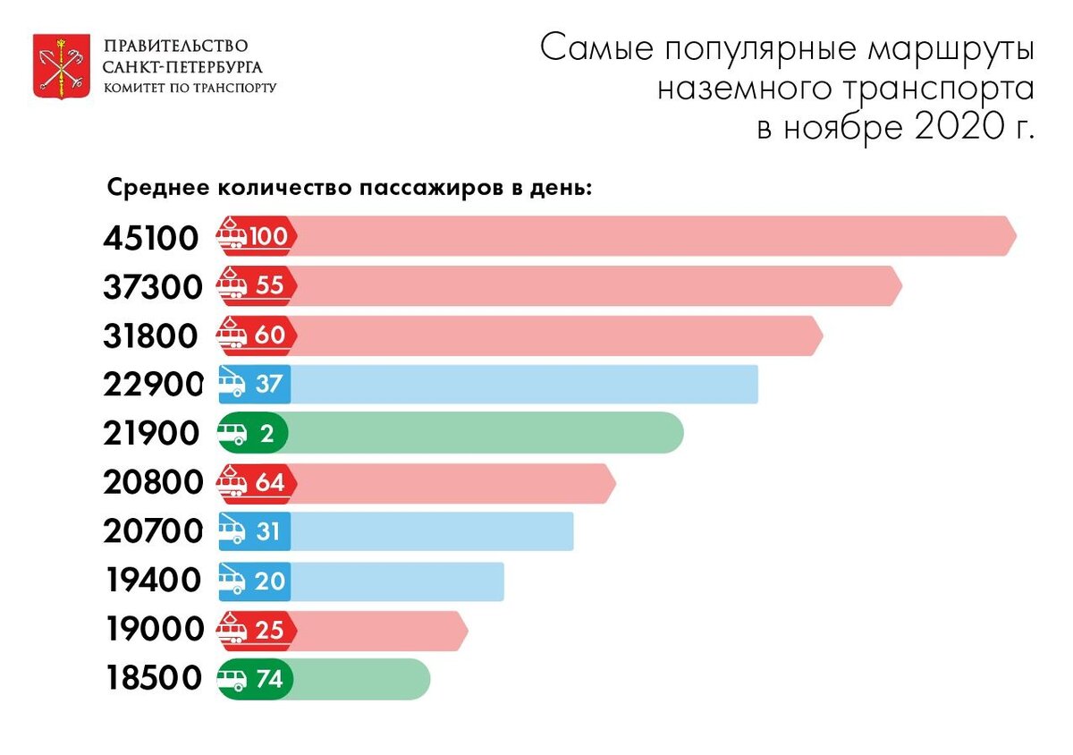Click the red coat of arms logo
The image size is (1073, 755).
(x=60, y=65)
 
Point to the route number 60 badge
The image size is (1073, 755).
(x=269, y=335)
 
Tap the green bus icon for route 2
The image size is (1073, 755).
(x=233, y=434)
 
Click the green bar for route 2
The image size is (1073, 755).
(x=483, y=434)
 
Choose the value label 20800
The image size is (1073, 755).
(x=152, y=483)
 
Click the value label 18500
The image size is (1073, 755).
(x=152, y=679)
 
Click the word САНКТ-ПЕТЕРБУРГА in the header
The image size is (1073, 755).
(x=182, y=67)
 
